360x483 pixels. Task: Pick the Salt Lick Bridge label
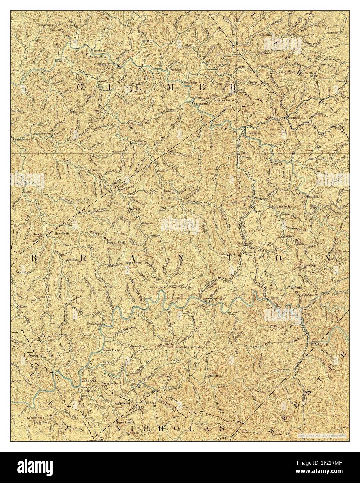[282, 206]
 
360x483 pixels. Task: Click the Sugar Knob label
[132, 263]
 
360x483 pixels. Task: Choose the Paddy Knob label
[122, 404]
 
